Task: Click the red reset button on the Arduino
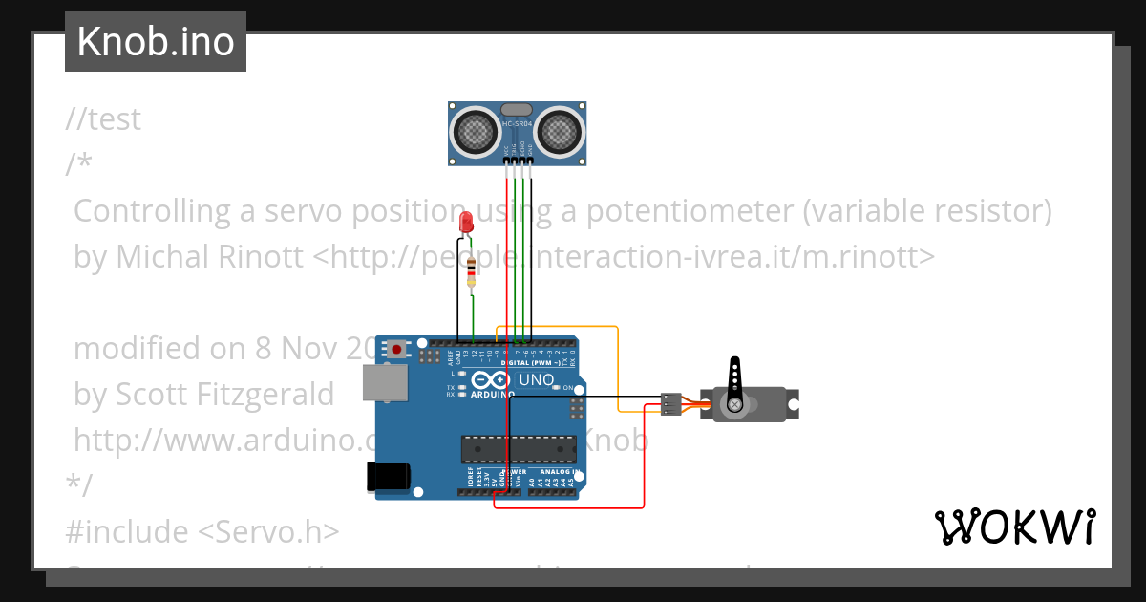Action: [x=395, y=350]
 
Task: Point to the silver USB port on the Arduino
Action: [x=385, y=382]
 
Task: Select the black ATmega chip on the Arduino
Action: [x=519, y=448]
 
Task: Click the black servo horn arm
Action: [x=734, y=380]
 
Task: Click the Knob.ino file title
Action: [x=156, y=42]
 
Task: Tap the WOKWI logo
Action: [x=1014, y=527]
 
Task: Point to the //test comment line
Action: [x=104, y=119]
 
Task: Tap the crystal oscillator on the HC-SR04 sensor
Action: [x=517, y=111]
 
